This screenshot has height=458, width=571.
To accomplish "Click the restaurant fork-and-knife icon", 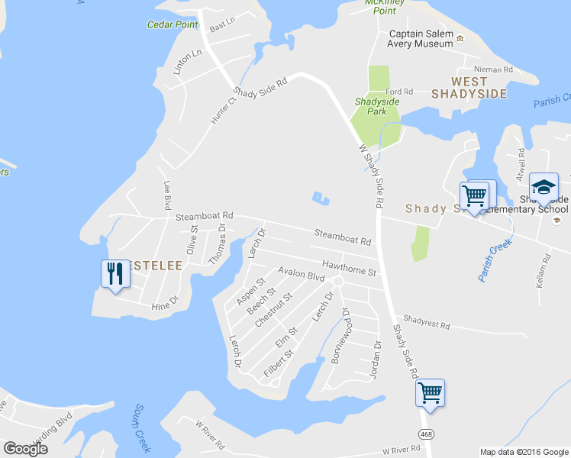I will (115, 273).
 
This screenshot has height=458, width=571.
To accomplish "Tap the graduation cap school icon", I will (544, 187).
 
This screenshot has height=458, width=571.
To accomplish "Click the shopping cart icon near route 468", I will (431, 392).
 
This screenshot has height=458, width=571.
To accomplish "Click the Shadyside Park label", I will (371, 105).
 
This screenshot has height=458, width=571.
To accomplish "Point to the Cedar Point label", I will (173, 24).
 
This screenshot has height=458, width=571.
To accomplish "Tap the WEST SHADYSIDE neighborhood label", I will (469, 87).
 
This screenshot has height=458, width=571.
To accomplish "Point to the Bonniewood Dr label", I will (340, 335).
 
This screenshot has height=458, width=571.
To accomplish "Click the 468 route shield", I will (427, 434).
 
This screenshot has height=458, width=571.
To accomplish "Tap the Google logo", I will (25, 448).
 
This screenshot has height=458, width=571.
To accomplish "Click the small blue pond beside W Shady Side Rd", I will (321, 198).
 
